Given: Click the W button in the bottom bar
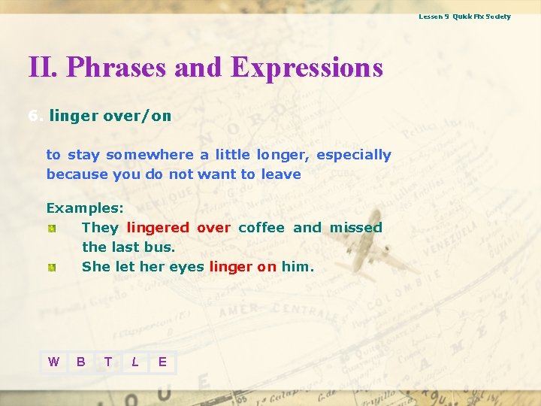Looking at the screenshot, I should (x=53, y=362).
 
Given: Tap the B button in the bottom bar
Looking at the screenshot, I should (x=80, y=362).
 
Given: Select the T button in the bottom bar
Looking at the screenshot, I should (x=108, y=362).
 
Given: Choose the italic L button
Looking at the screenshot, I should (x=135, y=362).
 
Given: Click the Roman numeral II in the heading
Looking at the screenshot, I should (x=43, y=68).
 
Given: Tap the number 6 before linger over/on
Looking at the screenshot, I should (x=33, y=116).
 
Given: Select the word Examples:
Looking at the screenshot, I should (x=85, y=208).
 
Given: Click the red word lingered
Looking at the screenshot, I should (x=158, y=227).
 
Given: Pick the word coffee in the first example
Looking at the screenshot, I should (x=261, y=227).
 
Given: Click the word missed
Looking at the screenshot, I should (x=355, y=227).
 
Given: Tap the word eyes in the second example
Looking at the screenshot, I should (x=186, y=266).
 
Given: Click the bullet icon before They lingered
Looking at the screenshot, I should (x=51, y=228).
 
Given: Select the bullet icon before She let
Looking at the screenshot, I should (x=51, y=267).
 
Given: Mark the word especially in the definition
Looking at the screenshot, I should (x=353, y=155).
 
